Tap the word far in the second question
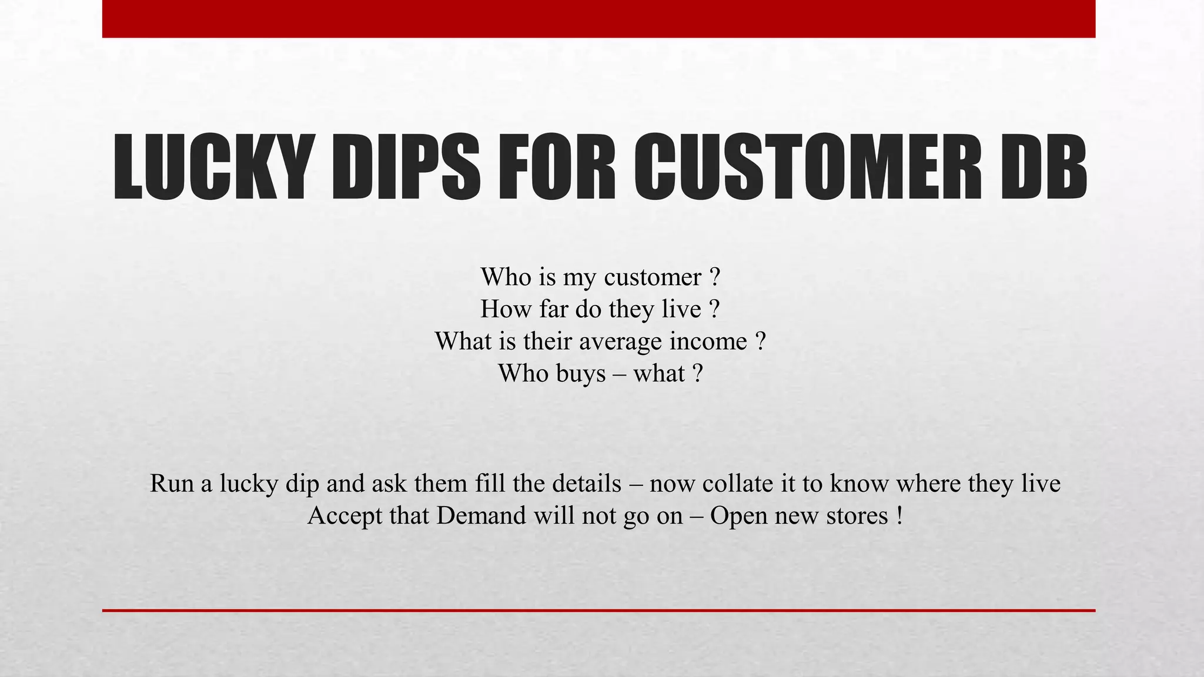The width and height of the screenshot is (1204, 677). point(553,310)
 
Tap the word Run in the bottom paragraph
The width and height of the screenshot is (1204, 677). point(172,484)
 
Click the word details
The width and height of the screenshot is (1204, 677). point(586,484)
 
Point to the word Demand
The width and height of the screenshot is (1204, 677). point(481,517)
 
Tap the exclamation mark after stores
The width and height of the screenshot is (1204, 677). point(899,516)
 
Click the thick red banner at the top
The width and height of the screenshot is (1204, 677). point(598,19)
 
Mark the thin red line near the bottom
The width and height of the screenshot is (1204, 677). point(598,611)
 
